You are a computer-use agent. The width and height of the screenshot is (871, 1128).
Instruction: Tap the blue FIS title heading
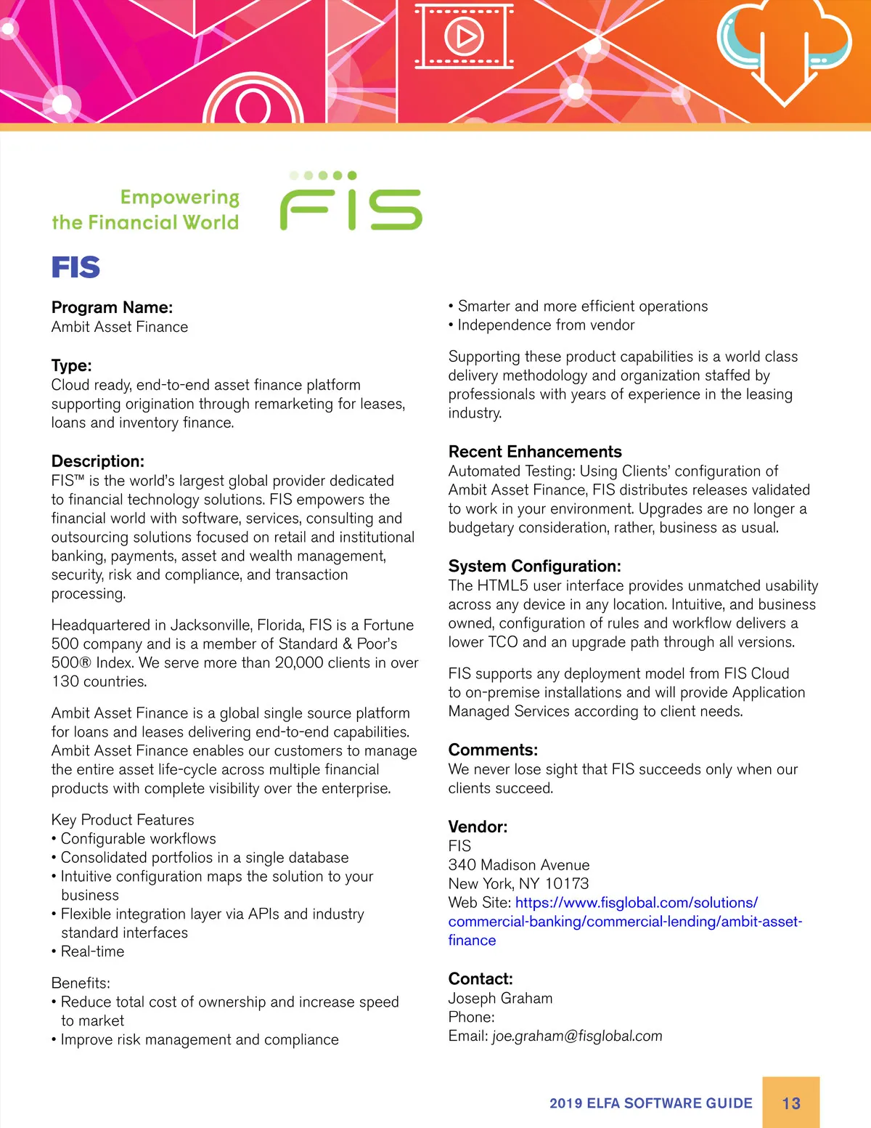tap(75, 267)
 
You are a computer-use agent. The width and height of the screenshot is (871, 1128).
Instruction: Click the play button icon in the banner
tap(464, 36)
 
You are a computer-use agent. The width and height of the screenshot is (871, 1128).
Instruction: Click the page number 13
tap(791, 1103)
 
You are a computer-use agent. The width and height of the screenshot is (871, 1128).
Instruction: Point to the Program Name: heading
tap(112, 307)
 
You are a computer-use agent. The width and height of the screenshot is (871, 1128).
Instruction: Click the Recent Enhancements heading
tap(535, 452)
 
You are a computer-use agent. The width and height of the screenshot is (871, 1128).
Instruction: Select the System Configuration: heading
tap(535, 566)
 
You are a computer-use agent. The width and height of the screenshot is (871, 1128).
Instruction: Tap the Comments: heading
tap(493, 750)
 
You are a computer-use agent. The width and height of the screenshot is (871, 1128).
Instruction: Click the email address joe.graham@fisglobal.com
tap(577, 1036)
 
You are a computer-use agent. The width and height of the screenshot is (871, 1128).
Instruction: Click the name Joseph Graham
tap(500, 998)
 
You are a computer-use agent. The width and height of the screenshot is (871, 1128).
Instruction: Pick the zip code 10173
tap(567, 883)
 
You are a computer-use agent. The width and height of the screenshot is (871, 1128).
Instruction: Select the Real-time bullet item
tap(92, 952)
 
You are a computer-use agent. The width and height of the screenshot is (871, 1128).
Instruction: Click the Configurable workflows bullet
tap(138, 838)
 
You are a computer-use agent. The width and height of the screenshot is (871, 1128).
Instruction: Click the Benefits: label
tap(81, 983)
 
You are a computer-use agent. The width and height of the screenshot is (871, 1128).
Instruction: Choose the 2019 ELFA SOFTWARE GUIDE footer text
tap(651, 1103)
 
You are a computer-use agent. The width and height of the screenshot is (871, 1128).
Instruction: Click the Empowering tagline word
tap(179, 198)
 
